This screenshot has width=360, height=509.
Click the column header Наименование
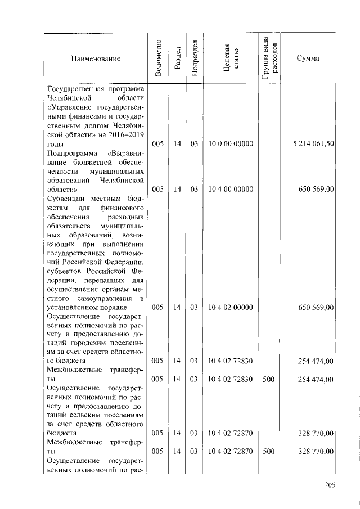95,58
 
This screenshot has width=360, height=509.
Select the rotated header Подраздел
194,58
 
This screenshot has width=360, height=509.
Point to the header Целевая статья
231,58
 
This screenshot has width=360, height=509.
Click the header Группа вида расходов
269,58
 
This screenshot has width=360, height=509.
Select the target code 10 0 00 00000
231,144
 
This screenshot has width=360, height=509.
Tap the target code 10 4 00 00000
231,190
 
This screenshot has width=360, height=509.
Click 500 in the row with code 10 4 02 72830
269,379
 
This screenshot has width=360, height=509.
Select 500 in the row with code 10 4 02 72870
269,451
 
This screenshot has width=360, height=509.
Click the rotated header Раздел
177,58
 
